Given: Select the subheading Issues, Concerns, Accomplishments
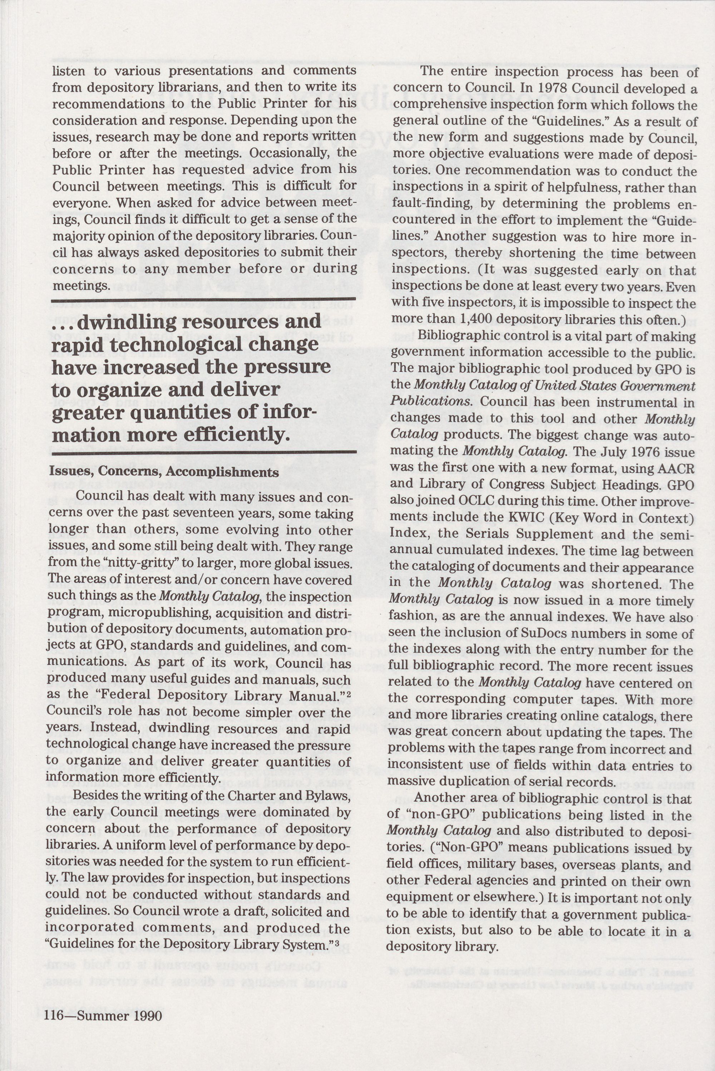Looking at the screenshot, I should click(164, 472).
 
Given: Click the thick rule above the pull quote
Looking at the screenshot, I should click(204, 301).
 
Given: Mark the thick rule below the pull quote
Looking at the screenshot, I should click(204, 452).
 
